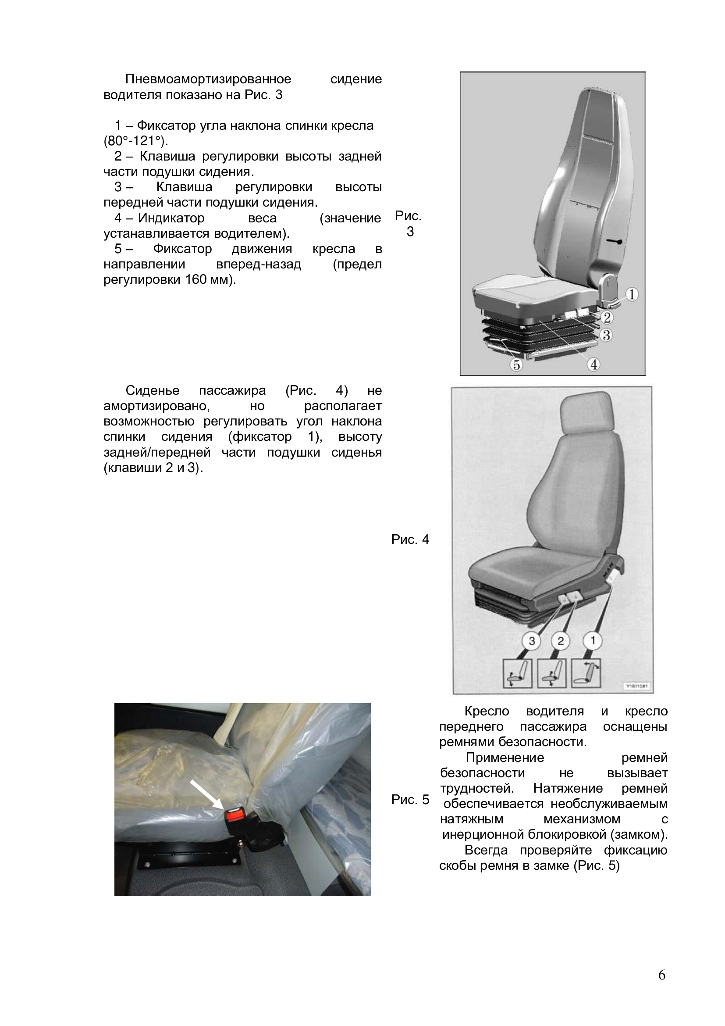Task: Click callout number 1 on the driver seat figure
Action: [632, 294]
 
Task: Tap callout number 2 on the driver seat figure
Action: [607, 317]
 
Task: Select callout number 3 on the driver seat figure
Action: [606, 335]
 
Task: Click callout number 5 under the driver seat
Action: [516, 365]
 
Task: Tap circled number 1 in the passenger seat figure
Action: [593, 641]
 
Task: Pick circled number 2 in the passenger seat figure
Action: [561, 641]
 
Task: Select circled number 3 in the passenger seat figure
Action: [532, 641]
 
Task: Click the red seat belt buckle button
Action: [234, 817]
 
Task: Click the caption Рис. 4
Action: [410, 540]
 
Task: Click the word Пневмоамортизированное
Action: [208, 79]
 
